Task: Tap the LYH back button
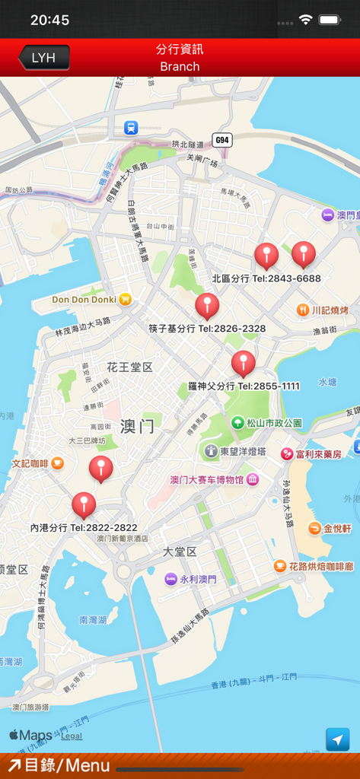pos(43,58)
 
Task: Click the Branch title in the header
pos(180,66)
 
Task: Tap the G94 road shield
pos(221,140)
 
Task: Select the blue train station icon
pos(131,128)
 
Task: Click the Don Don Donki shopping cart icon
pos(125,299)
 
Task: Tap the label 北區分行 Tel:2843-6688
pos(266,278)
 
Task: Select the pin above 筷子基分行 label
pos(207,306)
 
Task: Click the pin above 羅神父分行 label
pos(243,364)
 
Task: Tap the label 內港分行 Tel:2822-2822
pos(84,527)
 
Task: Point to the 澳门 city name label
pos(137,426)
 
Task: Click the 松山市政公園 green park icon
pos(237,422)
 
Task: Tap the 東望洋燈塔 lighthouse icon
pos(211,451)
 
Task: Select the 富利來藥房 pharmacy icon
pos(287,454)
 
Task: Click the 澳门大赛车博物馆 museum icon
pos(253,479)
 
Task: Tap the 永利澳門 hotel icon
pos(170,579)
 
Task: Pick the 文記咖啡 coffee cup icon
pos(57,463)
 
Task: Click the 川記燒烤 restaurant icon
pos(303,310)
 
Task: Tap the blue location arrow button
pos(337,739)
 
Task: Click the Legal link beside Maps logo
pos(72,736)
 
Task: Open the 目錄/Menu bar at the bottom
pos(58,765)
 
